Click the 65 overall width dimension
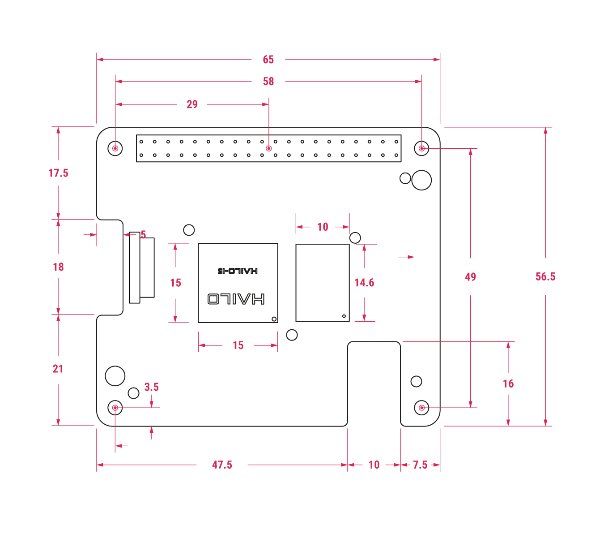point(268,60)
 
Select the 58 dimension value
point(268,81)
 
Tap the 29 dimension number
point(192,104)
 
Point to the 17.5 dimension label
point(58,173)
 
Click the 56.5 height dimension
point(545,276)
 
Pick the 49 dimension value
point(470,277)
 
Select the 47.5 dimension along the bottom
point(222,465)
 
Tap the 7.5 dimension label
point(420,465)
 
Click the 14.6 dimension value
point(364,283)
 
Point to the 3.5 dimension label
point(151,387)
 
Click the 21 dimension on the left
point(58,369)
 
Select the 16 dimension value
point(508,384)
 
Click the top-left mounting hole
point(115,148)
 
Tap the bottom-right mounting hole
point(421,408)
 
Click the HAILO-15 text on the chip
point(238,271)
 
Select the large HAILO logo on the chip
point(236,299)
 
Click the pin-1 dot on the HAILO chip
point(274,319)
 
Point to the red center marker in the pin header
point(268,148)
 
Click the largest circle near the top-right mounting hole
point(421,180)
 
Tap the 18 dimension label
point(58,267)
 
